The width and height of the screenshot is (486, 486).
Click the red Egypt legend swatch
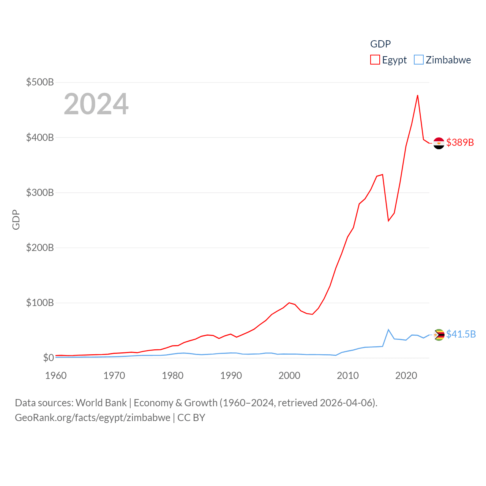(375, 60)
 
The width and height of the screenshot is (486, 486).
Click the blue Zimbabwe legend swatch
(418, 60)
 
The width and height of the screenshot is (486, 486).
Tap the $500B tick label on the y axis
(40, 82)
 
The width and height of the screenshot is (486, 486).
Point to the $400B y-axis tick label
(40, 137)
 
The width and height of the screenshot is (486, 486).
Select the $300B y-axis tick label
(40, 193)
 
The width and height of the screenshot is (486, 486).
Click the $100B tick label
(40, 303)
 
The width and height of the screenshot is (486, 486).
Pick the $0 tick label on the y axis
(48, 358)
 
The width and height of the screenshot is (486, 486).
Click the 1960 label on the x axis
(56, 376)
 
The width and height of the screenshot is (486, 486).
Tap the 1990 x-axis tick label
(231, 376)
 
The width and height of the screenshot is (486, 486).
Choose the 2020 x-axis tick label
(406, 376)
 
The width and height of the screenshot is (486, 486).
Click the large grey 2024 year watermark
(96, 104)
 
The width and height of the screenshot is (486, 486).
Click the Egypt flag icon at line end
(439, 143)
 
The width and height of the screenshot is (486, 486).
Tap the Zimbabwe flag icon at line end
(439, 335)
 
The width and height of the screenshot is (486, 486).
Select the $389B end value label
(460, 142)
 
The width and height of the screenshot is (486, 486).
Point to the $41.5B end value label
(461, 334)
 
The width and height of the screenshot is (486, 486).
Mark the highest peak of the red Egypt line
(418, 95)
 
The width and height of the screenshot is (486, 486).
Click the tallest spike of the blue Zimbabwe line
(388, 330)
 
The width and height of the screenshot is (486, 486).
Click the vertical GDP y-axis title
(16, 220)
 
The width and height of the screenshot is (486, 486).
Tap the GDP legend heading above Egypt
(380, 44)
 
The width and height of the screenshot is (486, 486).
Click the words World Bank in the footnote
(101, 402)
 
